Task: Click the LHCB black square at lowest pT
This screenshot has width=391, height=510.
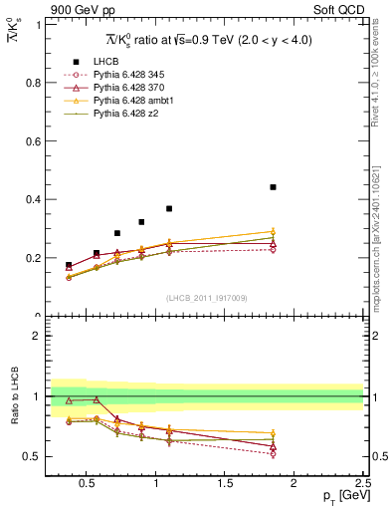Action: pos(69,266)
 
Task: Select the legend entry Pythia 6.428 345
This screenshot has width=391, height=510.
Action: pos(120,75)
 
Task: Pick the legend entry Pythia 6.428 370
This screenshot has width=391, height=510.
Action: pos(120,88)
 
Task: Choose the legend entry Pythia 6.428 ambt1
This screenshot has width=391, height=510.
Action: pos(123,101)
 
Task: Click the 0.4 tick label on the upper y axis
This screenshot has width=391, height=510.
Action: pos(35,199)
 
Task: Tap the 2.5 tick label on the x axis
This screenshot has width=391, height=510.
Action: pos(361,484)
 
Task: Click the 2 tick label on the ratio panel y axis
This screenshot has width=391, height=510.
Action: pos(38,336)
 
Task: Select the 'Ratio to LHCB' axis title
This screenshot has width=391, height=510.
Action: pos(13,395)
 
